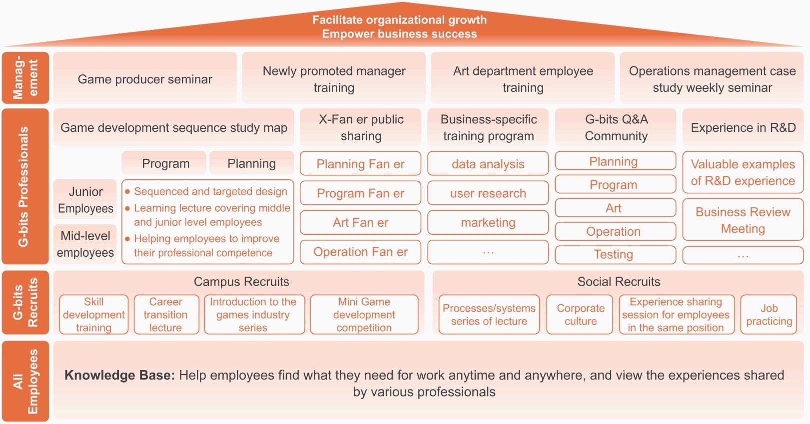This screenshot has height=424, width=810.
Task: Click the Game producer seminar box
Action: tap(145, 78)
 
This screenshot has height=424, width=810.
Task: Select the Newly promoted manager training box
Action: tap(334, 78)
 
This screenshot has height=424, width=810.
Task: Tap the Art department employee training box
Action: tap(523, 78)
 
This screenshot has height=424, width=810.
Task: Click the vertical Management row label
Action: tap(25, 78)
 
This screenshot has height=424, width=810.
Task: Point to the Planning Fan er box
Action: tap(360, 164)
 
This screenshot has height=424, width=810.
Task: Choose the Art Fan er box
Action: tap(360, 222)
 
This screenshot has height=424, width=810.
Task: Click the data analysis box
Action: tap(488, 164)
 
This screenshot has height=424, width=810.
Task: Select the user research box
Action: tap(488, 193)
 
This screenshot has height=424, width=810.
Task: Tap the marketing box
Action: tap(488, 222)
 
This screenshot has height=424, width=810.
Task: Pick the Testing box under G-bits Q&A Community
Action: tap(616, 255)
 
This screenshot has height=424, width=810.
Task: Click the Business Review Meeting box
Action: tap(743, 220)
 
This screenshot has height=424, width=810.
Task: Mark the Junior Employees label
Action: tap(85, 200)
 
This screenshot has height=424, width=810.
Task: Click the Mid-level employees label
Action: tap(85, 244)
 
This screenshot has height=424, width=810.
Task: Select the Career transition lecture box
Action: tap(166, 315)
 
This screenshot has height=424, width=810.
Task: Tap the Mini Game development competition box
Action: tap(364, 315)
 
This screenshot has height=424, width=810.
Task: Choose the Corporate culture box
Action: tap(580, 315)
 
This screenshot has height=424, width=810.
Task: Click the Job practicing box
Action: tap(769, 315)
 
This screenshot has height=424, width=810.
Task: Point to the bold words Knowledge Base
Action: tap(120, 375)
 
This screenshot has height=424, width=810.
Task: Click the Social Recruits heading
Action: tap(619, 282)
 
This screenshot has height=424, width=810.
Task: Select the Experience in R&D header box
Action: tap(743, 127)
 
